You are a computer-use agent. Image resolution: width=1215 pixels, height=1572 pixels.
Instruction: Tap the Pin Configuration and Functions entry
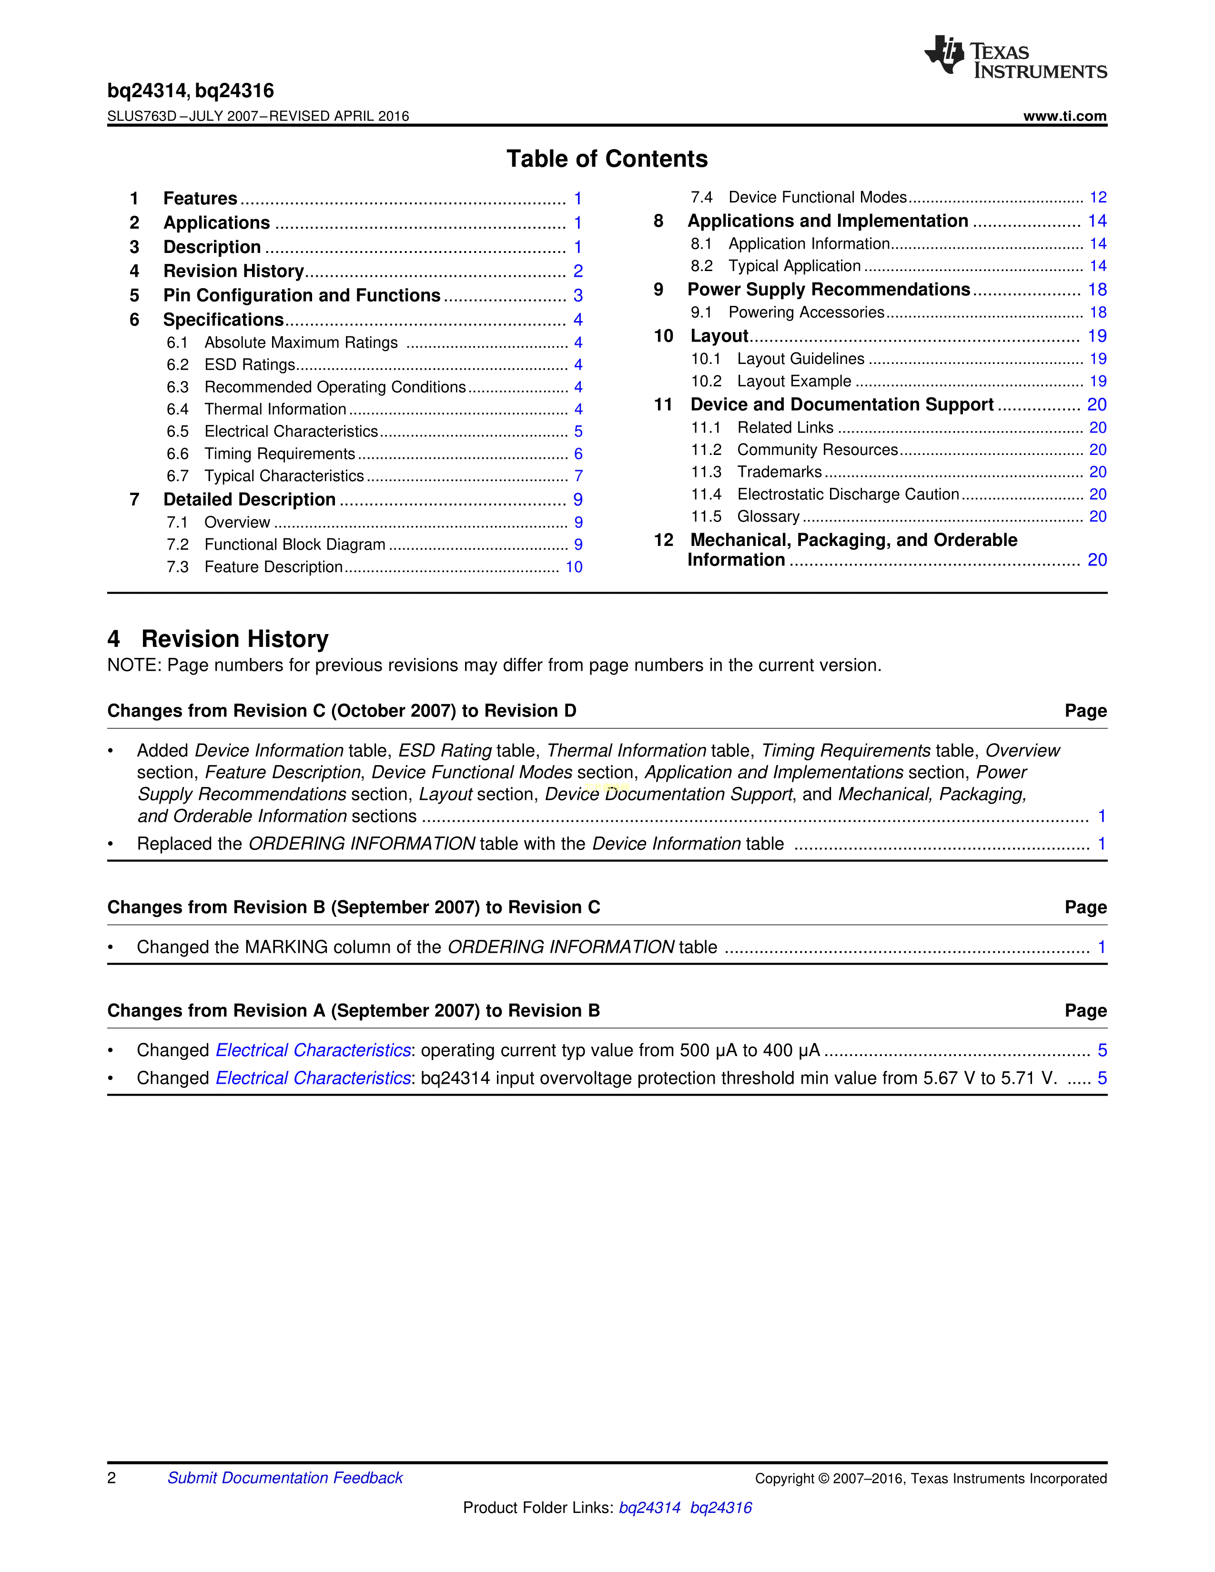[302, 296]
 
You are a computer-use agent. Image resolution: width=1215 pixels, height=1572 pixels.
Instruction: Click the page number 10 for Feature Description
[574, 567]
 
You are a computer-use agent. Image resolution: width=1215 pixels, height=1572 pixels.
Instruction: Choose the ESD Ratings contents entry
[250, 365]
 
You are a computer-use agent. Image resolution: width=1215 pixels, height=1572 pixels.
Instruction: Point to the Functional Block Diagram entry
[294, 545]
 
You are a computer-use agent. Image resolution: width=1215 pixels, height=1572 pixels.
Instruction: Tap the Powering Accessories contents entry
[806, 312]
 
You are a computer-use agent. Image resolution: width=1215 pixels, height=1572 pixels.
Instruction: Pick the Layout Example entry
[794, 382]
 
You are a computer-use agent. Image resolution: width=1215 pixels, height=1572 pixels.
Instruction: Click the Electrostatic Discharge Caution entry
[848, 494]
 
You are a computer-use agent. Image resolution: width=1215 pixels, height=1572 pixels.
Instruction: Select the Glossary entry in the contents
[768, 517]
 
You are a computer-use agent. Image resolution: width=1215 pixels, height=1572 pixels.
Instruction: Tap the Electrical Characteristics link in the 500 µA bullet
[313, 1051]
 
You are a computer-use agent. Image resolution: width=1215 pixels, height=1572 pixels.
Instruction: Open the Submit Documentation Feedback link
[285, 1478]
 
